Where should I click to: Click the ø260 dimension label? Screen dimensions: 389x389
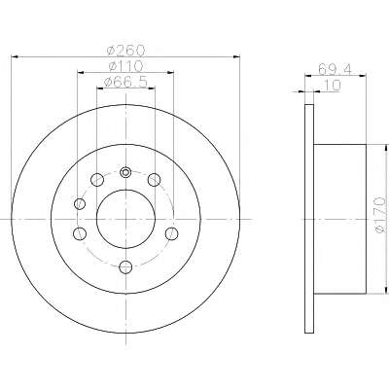[x=125, y=50]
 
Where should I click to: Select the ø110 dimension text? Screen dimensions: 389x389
[x=125, y=66]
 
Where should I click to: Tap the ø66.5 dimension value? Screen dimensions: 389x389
[x=125, y=83]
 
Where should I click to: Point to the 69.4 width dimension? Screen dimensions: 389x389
[x=335, y=69]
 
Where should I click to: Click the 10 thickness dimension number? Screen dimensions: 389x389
[x=333, y=86]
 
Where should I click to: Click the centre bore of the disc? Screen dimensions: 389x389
[x=125, y=219]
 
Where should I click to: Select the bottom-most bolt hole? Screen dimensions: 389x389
[x=125, y=266]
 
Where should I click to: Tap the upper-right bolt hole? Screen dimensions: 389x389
[x=154, y=180]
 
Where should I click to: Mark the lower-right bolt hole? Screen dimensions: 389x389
[x=171, y=233]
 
